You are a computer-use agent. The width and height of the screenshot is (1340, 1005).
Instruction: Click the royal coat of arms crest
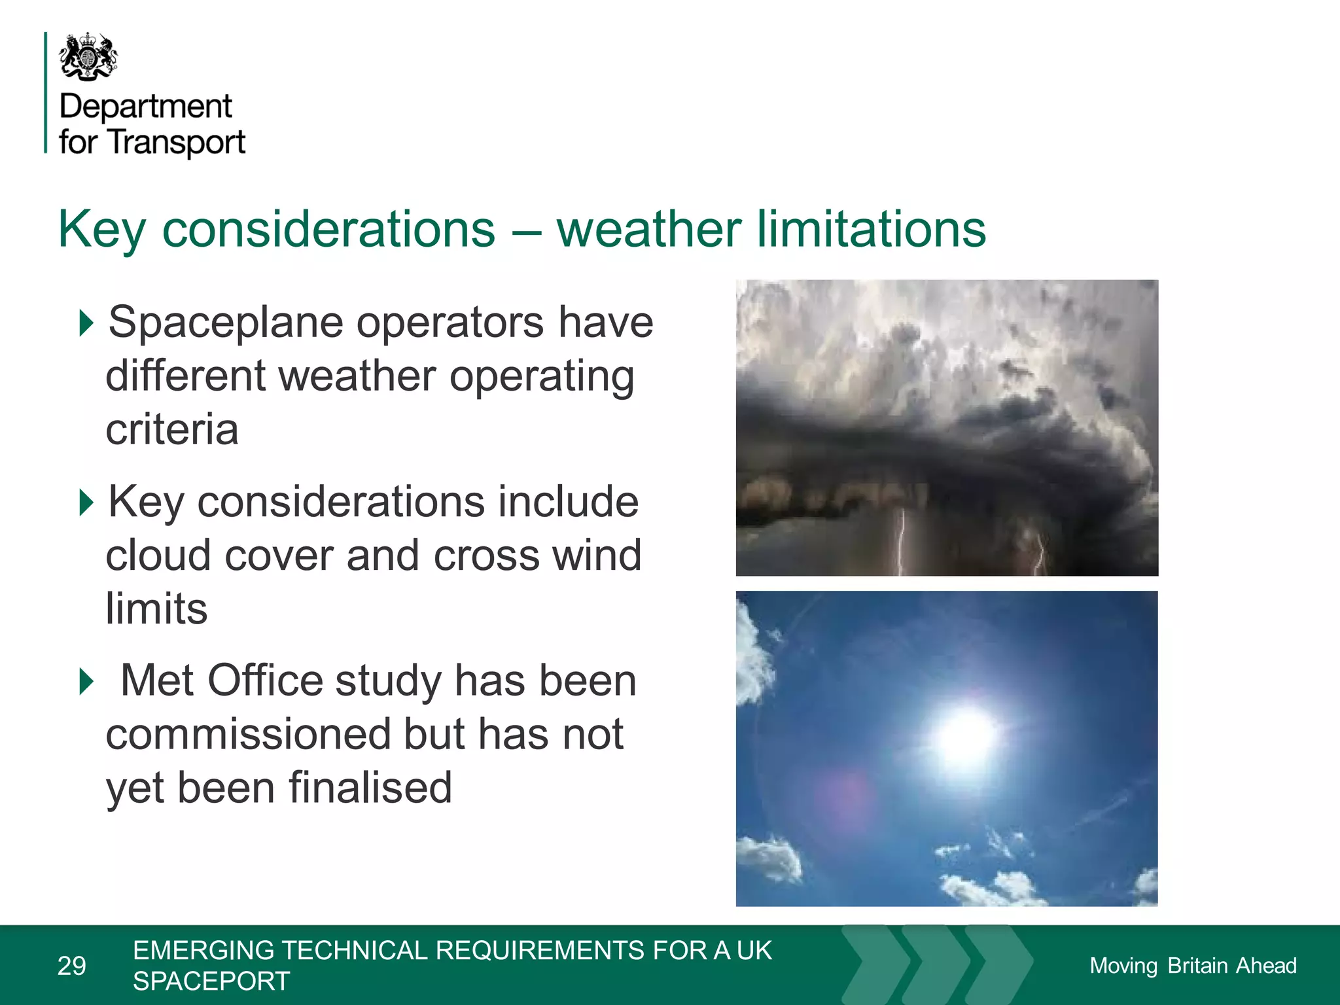click(88, 58)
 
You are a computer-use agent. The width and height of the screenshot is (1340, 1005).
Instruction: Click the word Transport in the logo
click(176, 143)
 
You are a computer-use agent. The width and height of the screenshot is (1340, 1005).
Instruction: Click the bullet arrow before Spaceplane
click(86, 323)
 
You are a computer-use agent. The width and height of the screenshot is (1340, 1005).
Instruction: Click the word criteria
click(172, 430)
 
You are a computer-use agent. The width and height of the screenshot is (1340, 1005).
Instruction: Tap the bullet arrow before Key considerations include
click(86, 502)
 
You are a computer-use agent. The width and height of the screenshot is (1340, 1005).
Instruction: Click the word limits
click(156, 609)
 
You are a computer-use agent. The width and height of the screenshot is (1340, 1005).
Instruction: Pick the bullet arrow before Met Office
click(86, 681)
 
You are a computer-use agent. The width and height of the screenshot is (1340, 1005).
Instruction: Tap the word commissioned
click(248, 734)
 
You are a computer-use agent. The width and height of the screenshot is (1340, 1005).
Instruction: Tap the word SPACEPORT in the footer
click(211, 981)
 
